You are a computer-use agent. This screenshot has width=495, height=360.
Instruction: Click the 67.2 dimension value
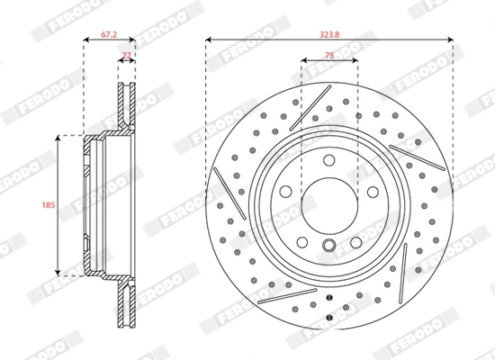pyautogui.click(x=108, y=32)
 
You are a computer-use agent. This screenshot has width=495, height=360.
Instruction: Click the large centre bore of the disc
pyautogui.click(x=329, y=207)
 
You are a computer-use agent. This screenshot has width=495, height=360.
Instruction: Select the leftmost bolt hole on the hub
pyautogui.click(x=285, y=192)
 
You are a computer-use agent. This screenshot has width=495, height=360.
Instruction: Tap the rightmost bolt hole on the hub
pyautogui.click(x=373, y=192)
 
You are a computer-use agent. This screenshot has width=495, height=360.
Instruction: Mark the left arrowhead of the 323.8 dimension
pyautogui.click(x=209, y=40)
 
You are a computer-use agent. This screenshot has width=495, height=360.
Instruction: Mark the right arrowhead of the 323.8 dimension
pyautogui.click(x=450, y=40)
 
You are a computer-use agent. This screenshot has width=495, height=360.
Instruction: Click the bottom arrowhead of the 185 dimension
pyautogui.click(x=59, y=272)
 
